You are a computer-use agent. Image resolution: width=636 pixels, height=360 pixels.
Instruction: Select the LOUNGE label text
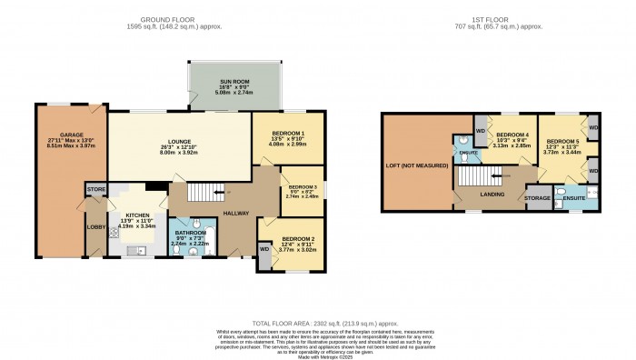coord(178,142)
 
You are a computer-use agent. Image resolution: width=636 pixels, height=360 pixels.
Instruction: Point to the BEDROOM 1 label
coord(287,134)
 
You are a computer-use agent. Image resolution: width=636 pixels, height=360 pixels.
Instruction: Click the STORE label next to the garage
coord(96,189)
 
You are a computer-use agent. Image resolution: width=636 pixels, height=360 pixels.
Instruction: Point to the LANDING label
coord(492,194)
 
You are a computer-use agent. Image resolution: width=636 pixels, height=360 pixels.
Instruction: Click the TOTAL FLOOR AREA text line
coord(317,323)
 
